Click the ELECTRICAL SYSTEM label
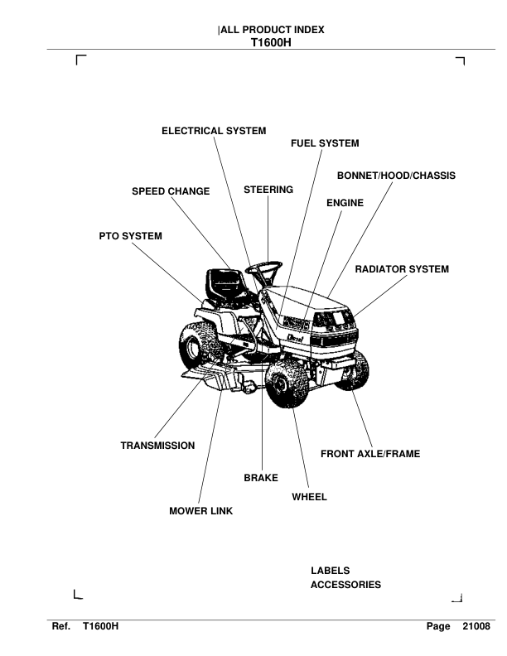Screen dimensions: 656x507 click(x=214, y=131)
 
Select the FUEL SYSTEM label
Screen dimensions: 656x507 click(x=325, y=143)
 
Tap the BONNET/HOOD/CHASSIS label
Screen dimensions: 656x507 click(x=396, y=176)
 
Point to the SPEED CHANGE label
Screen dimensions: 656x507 click(x=171, y=191)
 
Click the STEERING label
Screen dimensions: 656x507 click(x=268, y=190)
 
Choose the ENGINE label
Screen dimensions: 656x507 click(x=345, y=202)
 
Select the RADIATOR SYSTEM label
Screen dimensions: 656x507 click(x=402, y=269)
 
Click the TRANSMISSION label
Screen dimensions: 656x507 click(x=158, y=446)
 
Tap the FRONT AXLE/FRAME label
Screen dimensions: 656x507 click(x=370, y=454)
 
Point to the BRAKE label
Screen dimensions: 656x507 click(x=261, y=478)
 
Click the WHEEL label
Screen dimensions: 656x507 click(x=310, y=497)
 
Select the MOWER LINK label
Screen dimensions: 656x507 click(x=201, y=511)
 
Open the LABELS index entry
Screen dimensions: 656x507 click(x=330, y=571)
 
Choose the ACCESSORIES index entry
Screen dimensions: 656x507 click(x=345, y=585)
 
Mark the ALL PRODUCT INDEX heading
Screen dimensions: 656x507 click(x=273, y=30)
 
